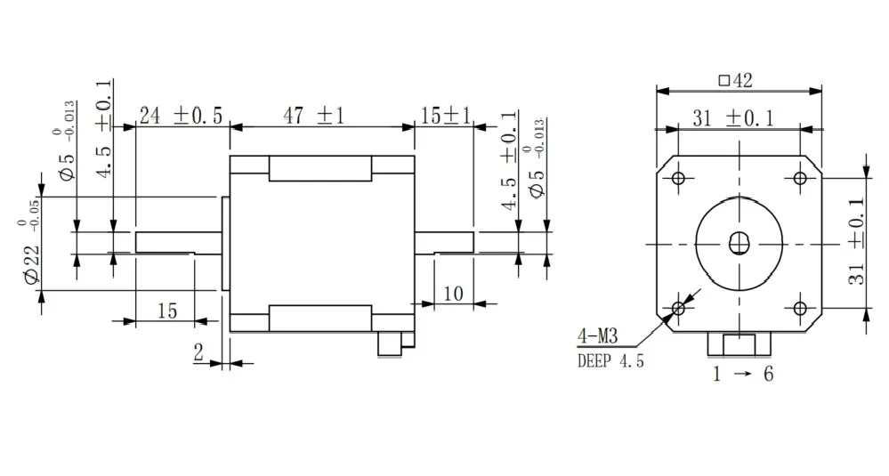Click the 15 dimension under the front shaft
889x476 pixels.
click(166, 311)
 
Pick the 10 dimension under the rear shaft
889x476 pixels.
click(453, 293)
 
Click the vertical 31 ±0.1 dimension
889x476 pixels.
click(856, 243)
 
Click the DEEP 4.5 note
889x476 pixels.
click(610, 360)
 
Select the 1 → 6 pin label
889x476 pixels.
click(741, 374)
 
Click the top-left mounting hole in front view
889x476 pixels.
click(679, 179)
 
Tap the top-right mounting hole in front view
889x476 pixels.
click(799, 179)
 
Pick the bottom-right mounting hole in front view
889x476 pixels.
click(799, 308)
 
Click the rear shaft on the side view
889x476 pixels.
click(444, 242)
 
